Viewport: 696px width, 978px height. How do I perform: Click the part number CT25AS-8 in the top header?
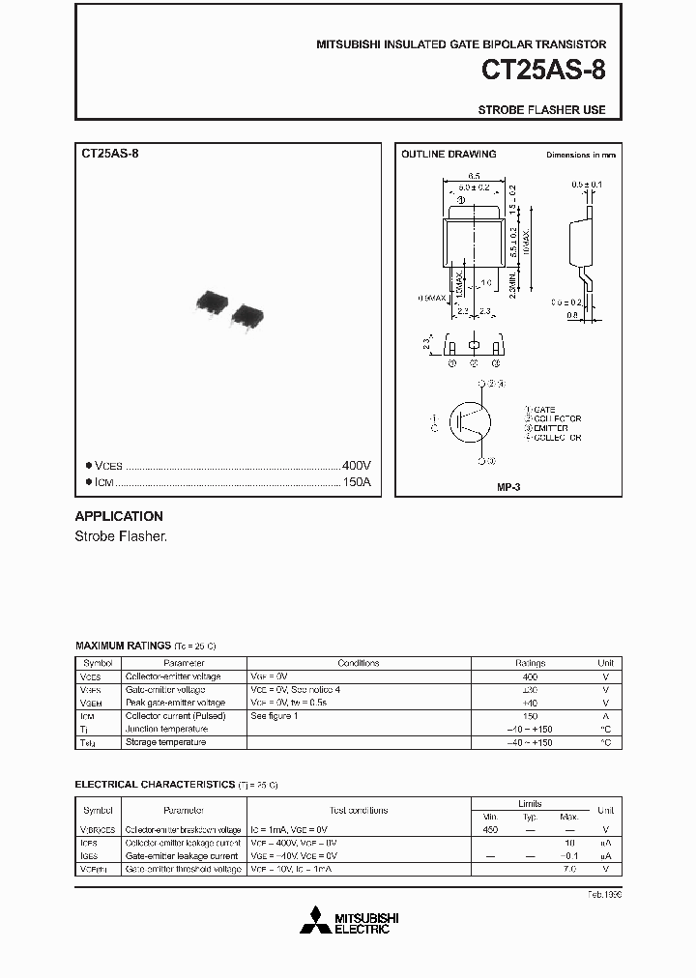(543, 72)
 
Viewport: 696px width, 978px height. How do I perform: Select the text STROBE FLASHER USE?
(541, 110)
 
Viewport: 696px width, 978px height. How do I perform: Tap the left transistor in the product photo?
(212, 302)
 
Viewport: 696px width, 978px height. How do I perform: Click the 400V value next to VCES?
(357, 465)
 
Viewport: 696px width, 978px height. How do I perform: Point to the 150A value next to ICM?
(357, 481)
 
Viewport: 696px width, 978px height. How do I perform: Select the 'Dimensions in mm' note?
(580, 155)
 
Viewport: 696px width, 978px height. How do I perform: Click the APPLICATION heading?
(119, 516)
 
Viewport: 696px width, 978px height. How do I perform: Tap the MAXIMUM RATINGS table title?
(122, 645)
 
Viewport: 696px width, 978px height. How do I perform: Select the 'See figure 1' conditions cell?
(275, 716)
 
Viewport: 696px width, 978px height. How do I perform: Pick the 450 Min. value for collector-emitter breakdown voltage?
(490, 829)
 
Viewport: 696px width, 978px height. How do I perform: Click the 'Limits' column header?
(530, 803)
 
